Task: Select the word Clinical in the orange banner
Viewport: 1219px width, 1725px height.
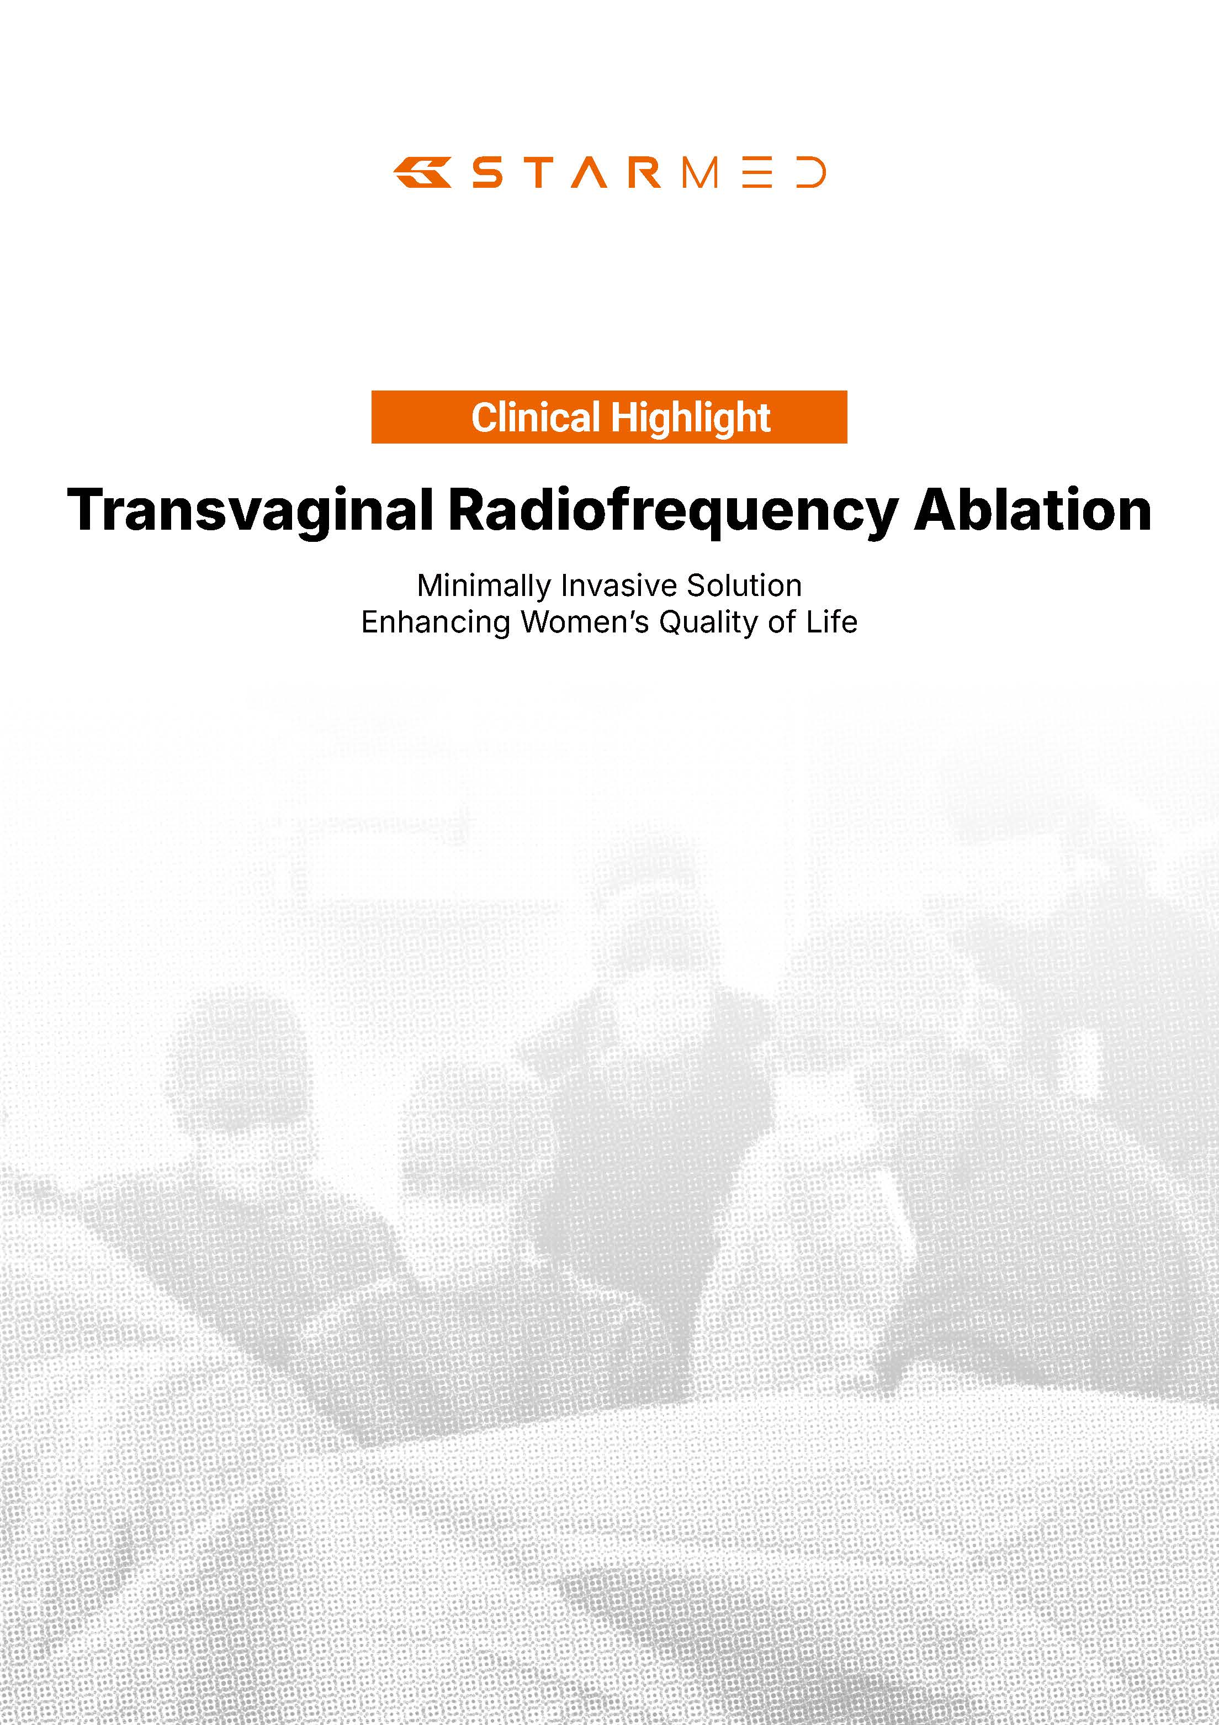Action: [x=536, y=417]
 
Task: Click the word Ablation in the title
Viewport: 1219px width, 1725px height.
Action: [x=1032, y=509]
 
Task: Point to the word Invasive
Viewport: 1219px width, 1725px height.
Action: [x=618, y=585]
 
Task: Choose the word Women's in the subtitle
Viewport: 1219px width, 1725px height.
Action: [x=585, y=622]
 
